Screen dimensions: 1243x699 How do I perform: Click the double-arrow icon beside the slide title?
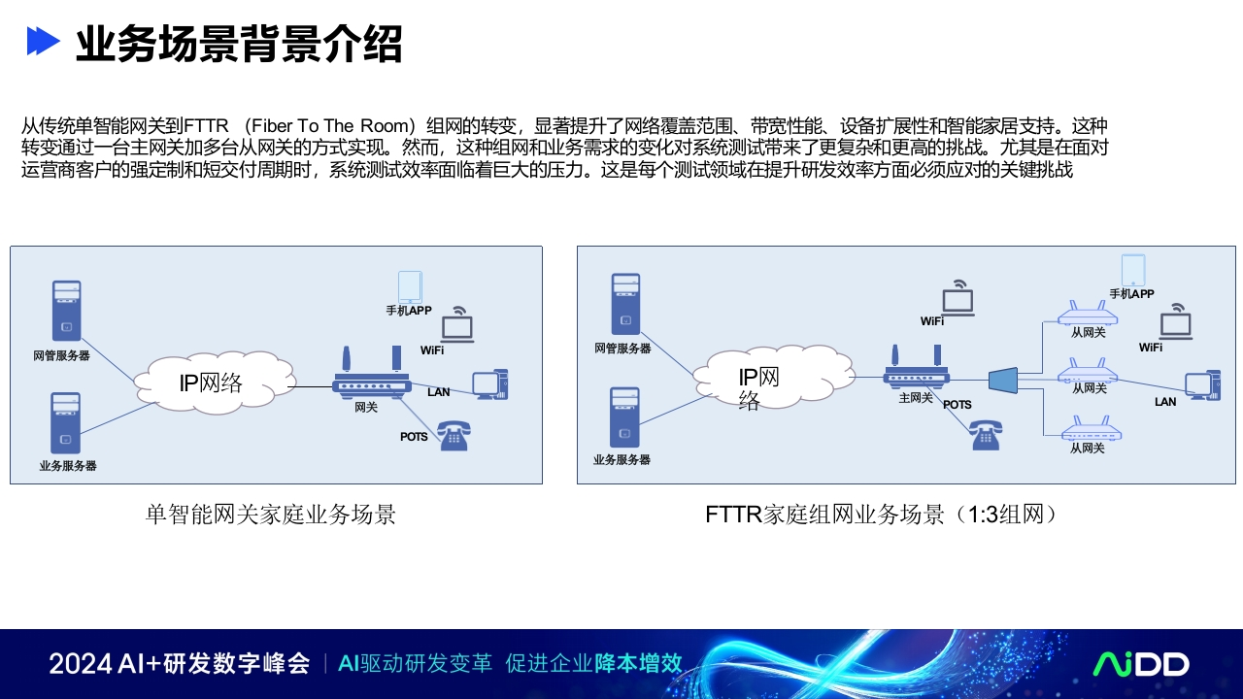44,41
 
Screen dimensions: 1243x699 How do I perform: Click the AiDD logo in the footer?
1141,664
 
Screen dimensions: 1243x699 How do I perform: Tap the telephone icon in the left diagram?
454,436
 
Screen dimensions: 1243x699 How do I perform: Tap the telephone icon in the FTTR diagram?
986,435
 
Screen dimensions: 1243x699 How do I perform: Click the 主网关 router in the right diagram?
916,367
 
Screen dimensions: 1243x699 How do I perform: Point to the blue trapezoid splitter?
1003,380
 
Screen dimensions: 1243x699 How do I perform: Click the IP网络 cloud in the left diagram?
215,383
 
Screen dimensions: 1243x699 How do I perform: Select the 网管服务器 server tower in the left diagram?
67,311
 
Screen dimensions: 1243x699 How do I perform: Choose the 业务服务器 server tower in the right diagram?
624,417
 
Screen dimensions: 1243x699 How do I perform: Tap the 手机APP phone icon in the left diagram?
410,286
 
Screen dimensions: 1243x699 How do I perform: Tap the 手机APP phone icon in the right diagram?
1133,270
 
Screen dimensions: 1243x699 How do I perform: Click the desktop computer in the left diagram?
490,383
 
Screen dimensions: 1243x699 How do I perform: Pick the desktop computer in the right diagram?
1202,385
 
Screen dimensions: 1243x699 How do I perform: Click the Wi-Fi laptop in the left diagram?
457,324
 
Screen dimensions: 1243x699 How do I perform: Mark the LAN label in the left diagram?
438,392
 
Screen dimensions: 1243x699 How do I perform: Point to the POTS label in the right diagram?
957,405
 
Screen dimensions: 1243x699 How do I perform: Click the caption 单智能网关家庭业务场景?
271,515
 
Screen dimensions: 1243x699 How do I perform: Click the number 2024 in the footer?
81,663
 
